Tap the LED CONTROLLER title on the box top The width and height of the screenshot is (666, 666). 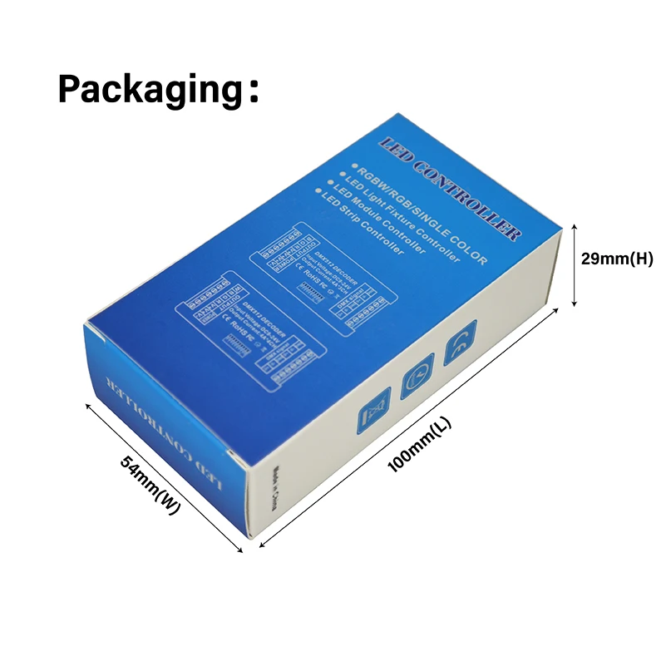pos(450,188)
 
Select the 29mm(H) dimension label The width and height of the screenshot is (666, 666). pos(616,258)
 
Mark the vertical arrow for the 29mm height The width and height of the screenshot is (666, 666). pos(574,264)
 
